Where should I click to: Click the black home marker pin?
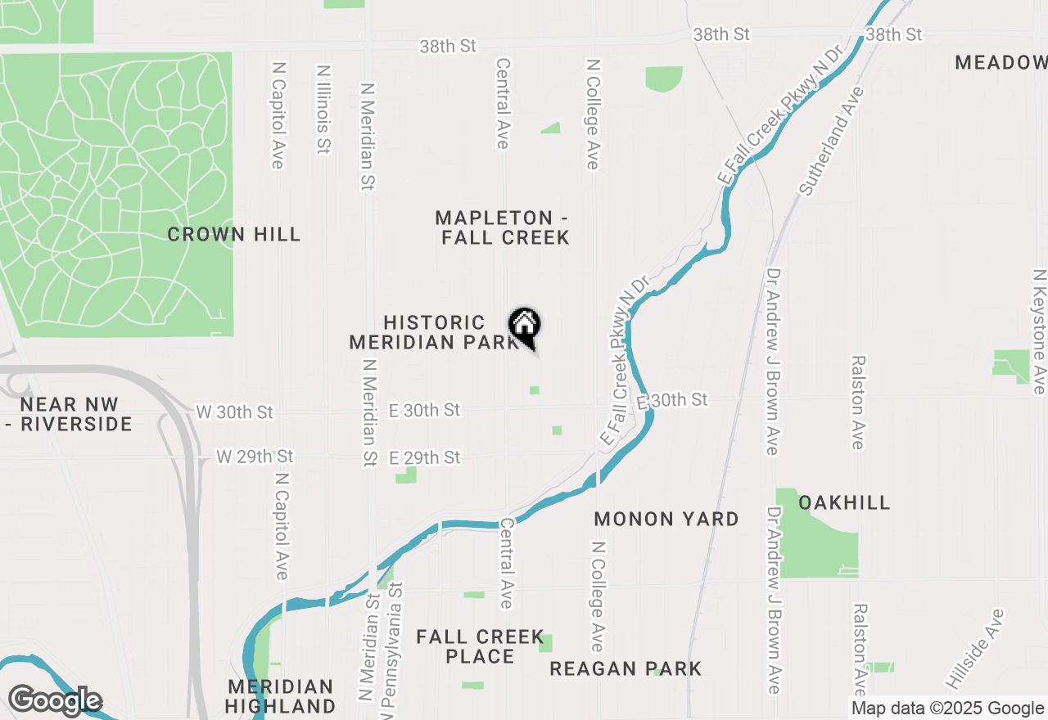point(524,326)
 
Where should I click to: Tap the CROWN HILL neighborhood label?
point(234,235)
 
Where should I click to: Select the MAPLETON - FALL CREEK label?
point(503,227)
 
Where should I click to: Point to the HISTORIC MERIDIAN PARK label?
point(434,332)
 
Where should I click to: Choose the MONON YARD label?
point(666,519)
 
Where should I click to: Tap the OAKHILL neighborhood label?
point(843,502)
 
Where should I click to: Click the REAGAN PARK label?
point(626,668)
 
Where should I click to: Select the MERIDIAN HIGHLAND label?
point(281,695)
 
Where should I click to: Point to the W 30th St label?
point(235,412)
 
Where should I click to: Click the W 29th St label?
point(255,456)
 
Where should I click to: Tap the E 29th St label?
point(424,458)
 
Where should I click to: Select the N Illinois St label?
point(323,110)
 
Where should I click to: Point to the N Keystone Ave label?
point(1039,331)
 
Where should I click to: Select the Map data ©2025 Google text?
point(947,709)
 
